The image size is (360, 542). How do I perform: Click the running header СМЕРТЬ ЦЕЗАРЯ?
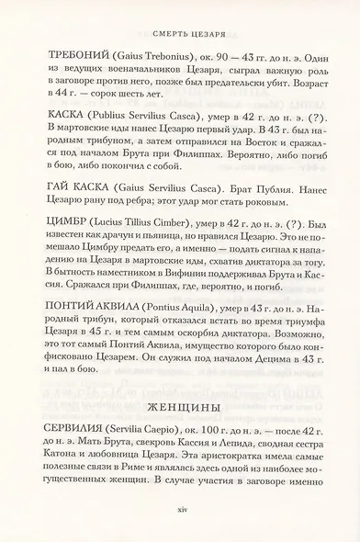180,16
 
